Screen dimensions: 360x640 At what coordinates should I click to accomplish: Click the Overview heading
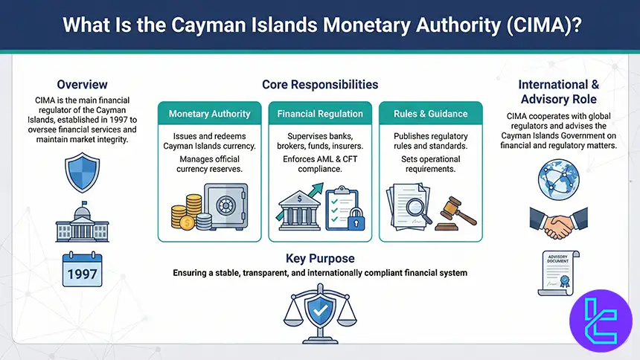click(x=82, y=85)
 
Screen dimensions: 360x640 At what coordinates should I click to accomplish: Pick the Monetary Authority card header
click(x=209, y=114)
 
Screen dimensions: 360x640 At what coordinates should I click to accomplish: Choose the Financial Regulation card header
click(x=320, y=114)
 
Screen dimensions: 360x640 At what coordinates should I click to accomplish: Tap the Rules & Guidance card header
click(x=431, y=114)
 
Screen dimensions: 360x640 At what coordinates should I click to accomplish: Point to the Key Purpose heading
click(x=320, y=259)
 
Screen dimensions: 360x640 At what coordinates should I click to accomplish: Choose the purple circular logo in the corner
click(x=599, y=319)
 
